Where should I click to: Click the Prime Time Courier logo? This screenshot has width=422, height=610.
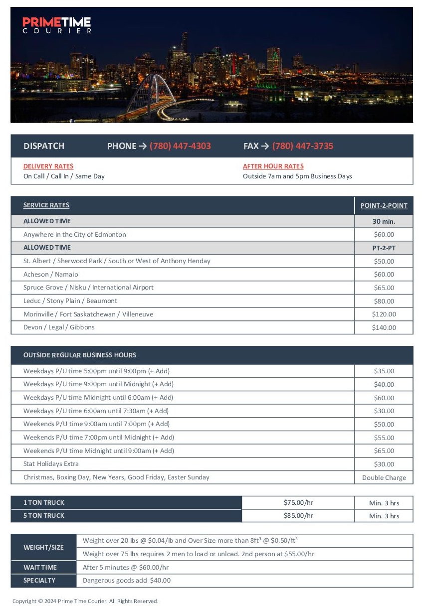click(57, 24)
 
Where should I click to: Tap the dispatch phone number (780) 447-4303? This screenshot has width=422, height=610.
click(180, 146)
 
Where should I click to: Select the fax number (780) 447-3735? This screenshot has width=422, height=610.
click(303, 146)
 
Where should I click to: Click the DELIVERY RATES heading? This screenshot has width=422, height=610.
click(48, 166)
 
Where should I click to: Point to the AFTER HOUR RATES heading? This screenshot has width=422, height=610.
click(273, 166)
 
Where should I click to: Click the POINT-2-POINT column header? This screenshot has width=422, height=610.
click(384, 205)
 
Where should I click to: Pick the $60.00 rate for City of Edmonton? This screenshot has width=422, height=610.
click(384, 235)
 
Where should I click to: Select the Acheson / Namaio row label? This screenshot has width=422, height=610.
click(51, 274)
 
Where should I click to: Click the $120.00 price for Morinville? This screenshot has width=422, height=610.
click(384, 314)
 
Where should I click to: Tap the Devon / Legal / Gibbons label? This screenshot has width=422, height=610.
click(59, 327)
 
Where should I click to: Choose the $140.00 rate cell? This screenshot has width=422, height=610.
click(384, 328)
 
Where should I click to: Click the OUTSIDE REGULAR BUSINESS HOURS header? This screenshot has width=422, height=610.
click(80, 355)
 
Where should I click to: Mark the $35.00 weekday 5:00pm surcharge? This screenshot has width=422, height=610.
click(384, 371)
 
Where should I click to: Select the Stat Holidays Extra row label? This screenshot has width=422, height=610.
click(51, 464)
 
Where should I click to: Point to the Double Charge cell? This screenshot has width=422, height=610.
click(384, 477)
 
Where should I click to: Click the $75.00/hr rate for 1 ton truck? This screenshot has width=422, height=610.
click(298, 503)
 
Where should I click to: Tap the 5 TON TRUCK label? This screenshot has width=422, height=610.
click(44, 516)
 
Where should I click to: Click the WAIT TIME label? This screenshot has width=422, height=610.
click(40, 568)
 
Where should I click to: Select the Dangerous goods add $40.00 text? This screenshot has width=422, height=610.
click(127, 581)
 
